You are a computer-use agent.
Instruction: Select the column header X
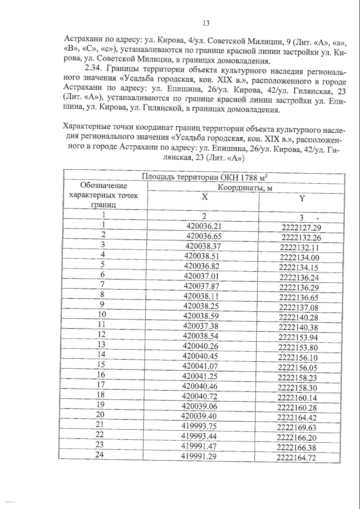coord(204,198)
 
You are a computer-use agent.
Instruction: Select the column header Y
coord(302,198)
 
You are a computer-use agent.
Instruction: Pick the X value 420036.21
coord(204,226)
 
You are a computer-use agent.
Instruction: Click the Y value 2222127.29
coord(301,228)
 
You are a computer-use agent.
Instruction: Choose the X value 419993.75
coord(199,426)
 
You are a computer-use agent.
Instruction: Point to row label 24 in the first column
coord(100,455)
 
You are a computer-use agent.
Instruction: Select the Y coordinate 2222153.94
coord(298,338)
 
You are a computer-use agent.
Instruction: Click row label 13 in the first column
coord(101,345)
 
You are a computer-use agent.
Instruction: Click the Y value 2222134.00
coord(299,258)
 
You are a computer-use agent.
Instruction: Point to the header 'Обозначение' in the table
coord(104,186)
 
